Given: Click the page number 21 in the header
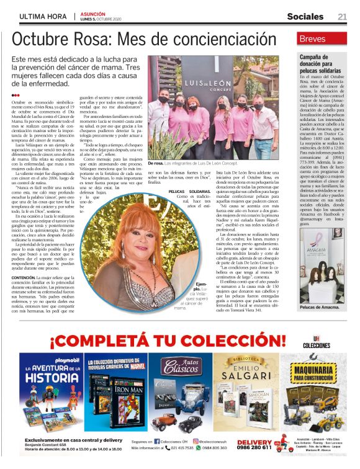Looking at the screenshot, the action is [x=343, y=16].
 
